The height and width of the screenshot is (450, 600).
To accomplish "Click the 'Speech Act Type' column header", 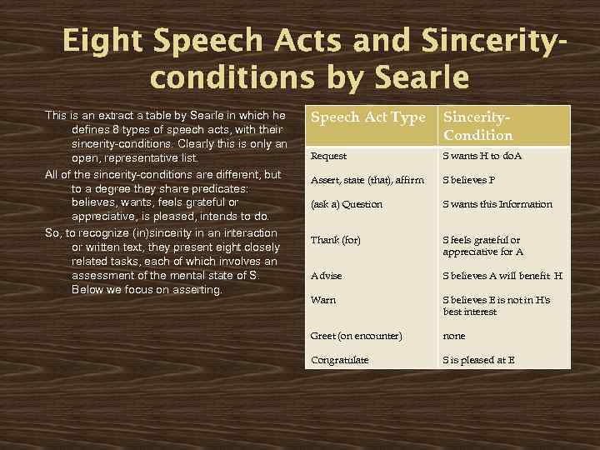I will pos(367,117).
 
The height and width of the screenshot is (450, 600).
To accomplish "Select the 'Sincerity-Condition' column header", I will pos(478,126).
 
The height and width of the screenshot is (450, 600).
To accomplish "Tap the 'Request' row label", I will pos(328,156).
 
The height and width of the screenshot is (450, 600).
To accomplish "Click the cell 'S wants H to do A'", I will pos(482,156).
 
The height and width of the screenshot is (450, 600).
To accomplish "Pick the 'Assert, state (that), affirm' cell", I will pos(367,180).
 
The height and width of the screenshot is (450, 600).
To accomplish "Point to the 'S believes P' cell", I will pos(468,180).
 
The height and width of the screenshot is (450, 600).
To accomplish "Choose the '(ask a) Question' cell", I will pos(347,204).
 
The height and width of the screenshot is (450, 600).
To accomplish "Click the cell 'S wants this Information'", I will pos(497,204).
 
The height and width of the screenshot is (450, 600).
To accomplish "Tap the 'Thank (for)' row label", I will pos(336,240).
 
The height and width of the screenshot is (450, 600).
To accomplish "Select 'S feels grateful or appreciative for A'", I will pos(482,246).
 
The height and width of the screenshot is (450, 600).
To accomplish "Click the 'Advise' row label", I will pos(327,276).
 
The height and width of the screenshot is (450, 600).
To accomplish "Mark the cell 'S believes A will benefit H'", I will pos(502,276).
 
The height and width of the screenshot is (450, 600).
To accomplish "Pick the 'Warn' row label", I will pos(323,300).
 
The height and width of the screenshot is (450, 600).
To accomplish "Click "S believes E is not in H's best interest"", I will pos(497,306).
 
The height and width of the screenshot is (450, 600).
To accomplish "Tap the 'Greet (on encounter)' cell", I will pos(356,336).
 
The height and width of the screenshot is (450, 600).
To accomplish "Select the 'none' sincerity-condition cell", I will pos(454,336).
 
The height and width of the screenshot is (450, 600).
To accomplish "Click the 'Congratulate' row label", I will pos(339,360).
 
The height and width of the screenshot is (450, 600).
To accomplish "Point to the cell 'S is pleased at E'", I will pos(479,360).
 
